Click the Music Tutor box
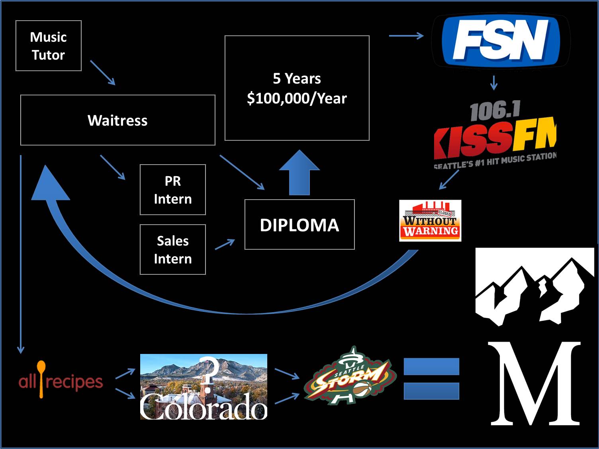click(49, 46)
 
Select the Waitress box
click(117, 120)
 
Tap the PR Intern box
click(173, 190)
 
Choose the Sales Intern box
click(173, 250)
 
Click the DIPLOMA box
click(299, 225)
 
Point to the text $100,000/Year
click(297, 98)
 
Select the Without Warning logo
click(430, 221)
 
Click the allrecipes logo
click(61, 381)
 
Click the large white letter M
click(535, 383)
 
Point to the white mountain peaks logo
click(534, 287)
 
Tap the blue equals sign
click(431, 378)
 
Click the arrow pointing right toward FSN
click(406, 36)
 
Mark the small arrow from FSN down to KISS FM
click(494, 83)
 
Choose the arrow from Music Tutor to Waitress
click(103, 73)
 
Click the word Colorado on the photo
click(204, 406)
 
